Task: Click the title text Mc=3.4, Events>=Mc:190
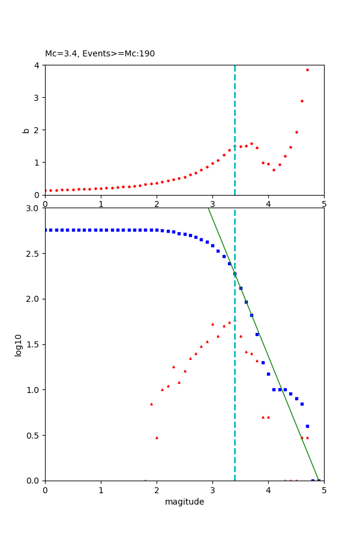tap(100, 54)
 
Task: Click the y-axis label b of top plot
tap(26, 130)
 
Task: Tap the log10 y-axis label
tap(19, 345)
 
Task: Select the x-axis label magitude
tap(184, 502)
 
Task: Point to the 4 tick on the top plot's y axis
tap(38, 65)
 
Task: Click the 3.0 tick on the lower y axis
tap(33, 208)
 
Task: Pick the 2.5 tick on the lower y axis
tap(33, 254)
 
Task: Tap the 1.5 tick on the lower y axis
tap(33, 344)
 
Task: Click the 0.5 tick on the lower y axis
tap(33, 436)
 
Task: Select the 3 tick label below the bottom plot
tap(212, 490)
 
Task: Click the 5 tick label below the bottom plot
tap(324, 490)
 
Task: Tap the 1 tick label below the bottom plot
tap(101, 490)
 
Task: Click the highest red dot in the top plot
tap(307, 70)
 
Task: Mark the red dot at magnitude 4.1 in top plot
tap(274, 170)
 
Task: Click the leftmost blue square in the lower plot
tap(46, 230)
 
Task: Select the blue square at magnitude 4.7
tap(307, 426)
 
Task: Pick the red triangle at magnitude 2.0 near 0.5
tap(157, 437)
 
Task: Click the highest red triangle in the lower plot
tap(229, 322)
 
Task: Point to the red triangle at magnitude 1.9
tap(151, 404)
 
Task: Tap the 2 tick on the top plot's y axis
tap(38, 130)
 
